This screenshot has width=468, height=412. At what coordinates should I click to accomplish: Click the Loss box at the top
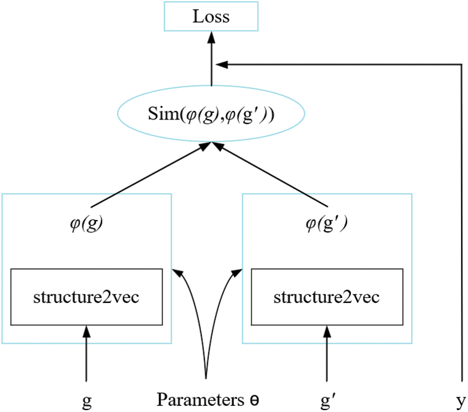[x=211, y=17]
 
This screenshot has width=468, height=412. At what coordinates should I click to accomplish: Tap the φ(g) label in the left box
[x=86, y=223]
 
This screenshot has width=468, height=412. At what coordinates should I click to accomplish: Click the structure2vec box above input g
[x=86, y=297]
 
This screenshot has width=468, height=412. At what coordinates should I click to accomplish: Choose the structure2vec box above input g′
[x=327, y=297]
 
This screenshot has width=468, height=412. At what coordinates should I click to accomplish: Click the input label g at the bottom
[x=86, y=400]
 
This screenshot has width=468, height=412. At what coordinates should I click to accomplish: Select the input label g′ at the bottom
[x=326, y=400]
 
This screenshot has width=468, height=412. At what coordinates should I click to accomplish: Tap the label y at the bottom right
[x=461, y=400]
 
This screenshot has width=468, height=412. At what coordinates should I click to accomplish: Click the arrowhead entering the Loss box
[x=211, y=37]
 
